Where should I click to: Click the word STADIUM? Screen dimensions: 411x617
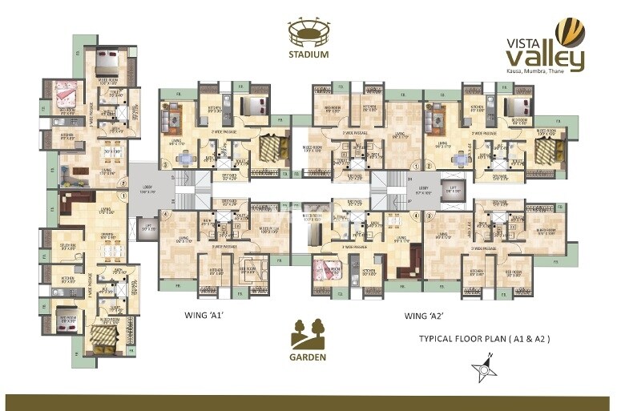point(308,55)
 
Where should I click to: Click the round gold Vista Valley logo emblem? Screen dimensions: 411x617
point(570,33)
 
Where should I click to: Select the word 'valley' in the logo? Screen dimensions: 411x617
point(544,58)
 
